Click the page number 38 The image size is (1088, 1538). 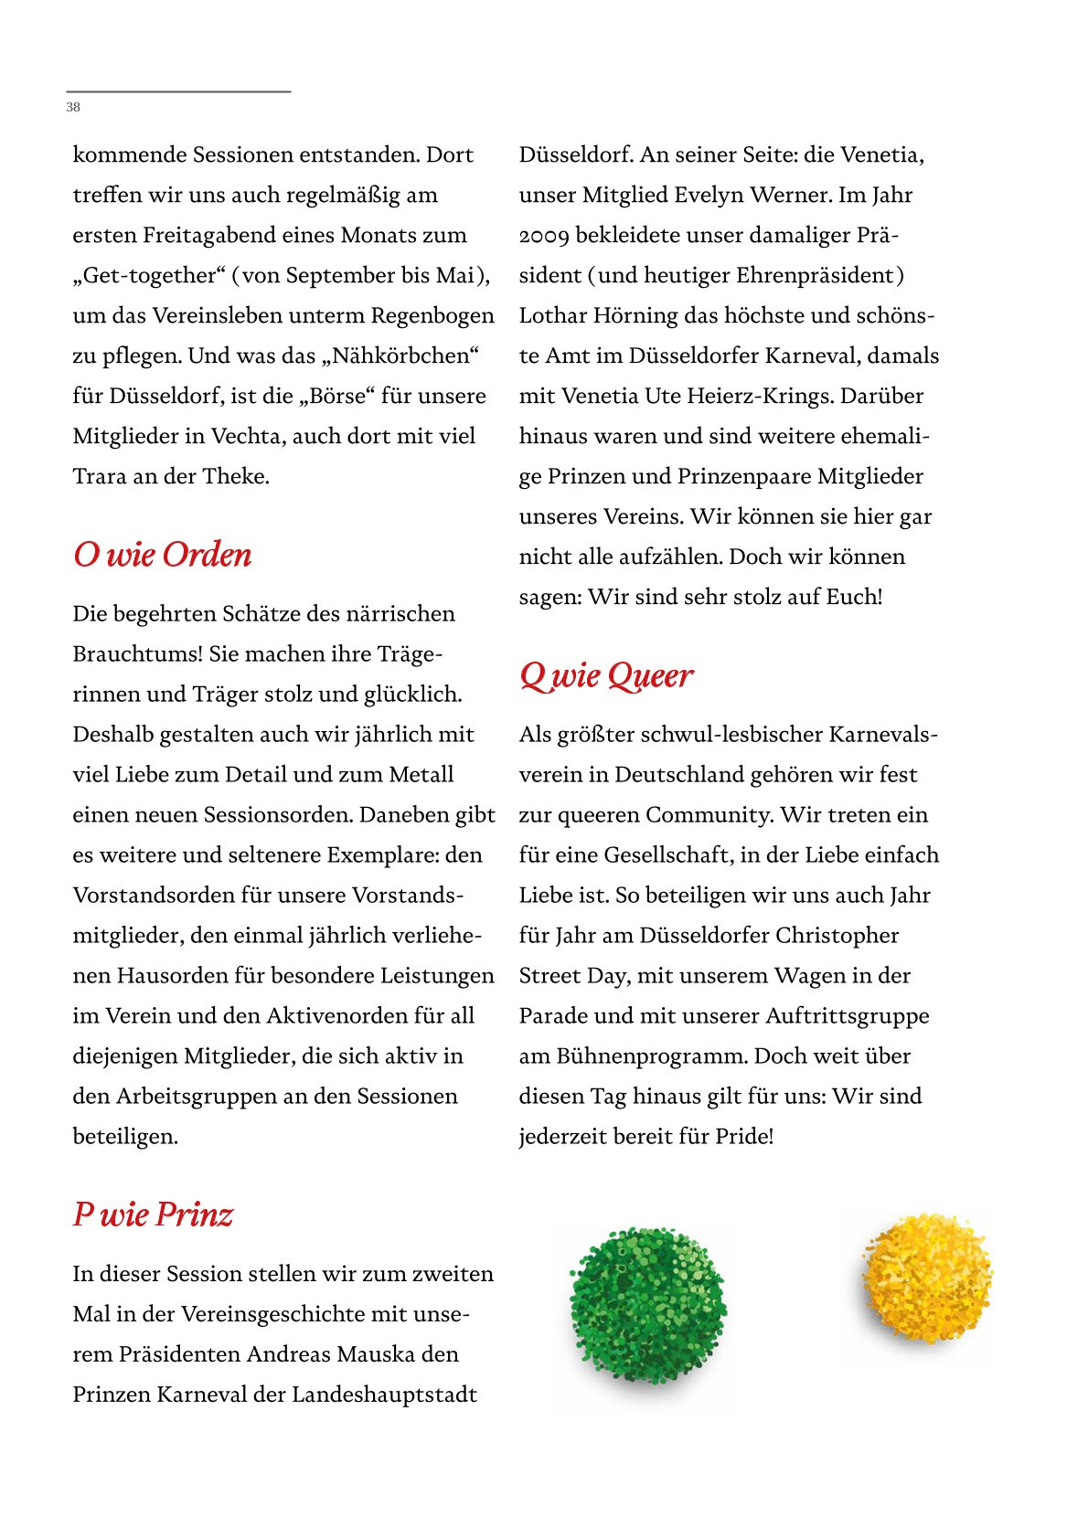tap(73, 107)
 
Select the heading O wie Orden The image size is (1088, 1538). tap(162, 555)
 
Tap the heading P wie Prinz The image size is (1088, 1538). tap(153, 1214)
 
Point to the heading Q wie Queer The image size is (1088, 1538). tap(606, 676)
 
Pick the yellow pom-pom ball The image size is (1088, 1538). tap(925, 1278)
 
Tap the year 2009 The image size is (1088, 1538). tap(544, 236)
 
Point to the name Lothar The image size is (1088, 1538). tap(552, 315)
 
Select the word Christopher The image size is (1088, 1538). tap(837, 935)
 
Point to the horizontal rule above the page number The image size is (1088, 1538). tap(178, 91)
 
